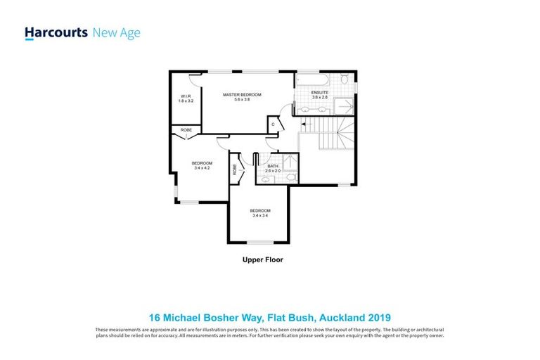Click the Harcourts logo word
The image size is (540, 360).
[56, 33]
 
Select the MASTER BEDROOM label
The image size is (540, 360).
[242, 94]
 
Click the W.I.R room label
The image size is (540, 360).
[186, 96]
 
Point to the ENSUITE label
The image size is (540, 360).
[321, 92]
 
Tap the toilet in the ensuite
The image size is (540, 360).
[343, 80]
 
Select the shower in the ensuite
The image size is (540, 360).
[344, 106]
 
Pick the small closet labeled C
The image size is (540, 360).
[274, 124]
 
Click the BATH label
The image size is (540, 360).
[272, 166]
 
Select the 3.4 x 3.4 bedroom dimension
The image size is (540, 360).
[260, 216]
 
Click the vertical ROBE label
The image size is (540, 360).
[235, 169]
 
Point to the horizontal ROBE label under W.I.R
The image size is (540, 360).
[186, 130]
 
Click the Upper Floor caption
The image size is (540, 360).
[262, 259]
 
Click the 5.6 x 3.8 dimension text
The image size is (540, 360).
[242, 100]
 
